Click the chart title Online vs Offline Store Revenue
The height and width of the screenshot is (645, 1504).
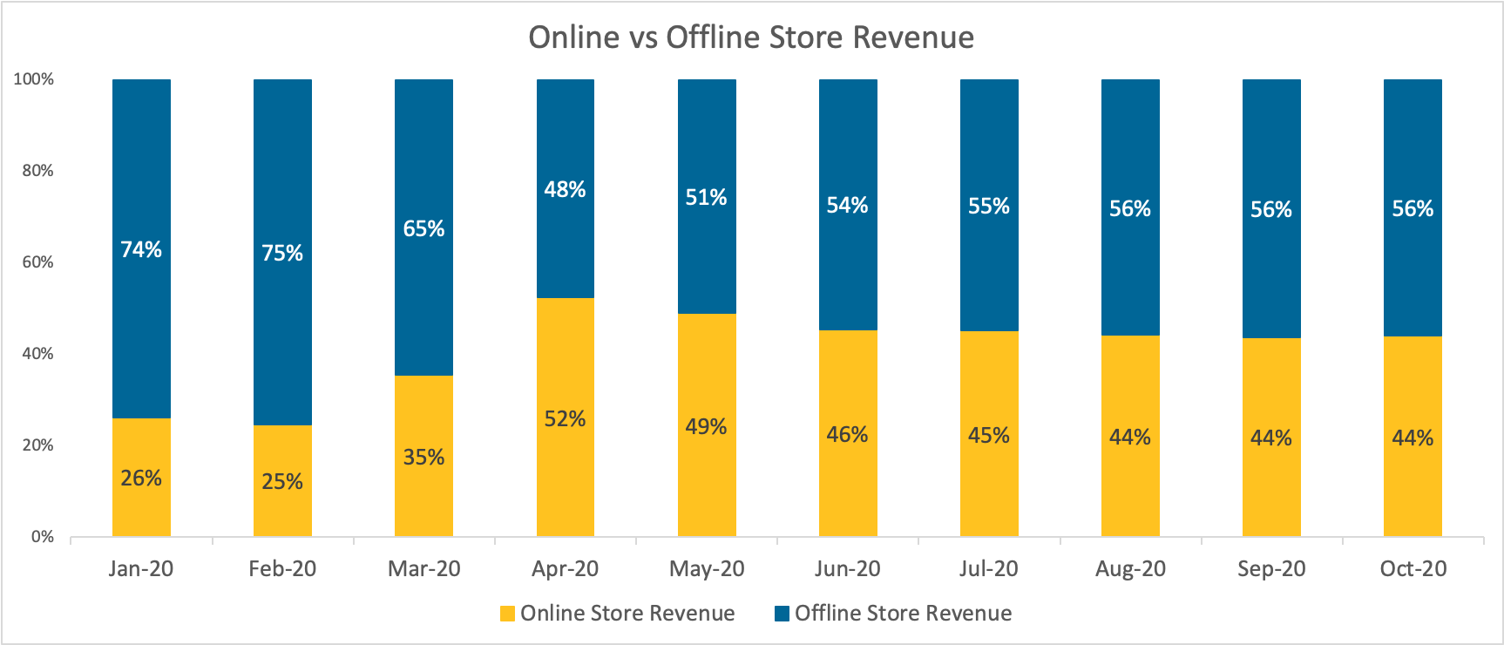tap(751, 37)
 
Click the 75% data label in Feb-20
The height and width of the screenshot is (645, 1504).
tap(282, 253)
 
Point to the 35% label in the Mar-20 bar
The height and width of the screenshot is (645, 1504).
tap(423, 457)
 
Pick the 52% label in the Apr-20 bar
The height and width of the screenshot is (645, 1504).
tap(565, 419)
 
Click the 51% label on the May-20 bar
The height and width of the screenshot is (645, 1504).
tap(706, 197)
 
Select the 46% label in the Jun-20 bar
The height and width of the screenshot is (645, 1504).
tap(847, 434)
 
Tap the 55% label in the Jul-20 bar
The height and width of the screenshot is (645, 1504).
tap(989, 206)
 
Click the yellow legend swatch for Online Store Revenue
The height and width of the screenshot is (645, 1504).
tap(507, 614)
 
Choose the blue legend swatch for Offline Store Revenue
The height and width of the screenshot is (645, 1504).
tap(782, 614)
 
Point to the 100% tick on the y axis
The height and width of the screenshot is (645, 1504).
tap(34, 79)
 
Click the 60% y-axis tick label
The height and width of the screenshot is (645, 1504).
tap(37, 262)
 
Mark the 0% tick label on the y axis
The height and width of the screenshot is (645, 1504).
tap(43, 537)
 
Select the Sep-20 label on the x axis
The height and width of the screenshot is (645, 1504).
tap(1271, 569)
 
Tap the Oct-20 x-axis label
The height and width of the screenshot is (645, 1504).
tap(1413, 569)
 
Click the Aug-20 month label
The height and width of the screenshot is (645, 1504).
tap(1130, 569)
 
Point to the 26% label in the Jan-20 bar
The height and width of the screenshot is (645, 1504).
tap(141, 478)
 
